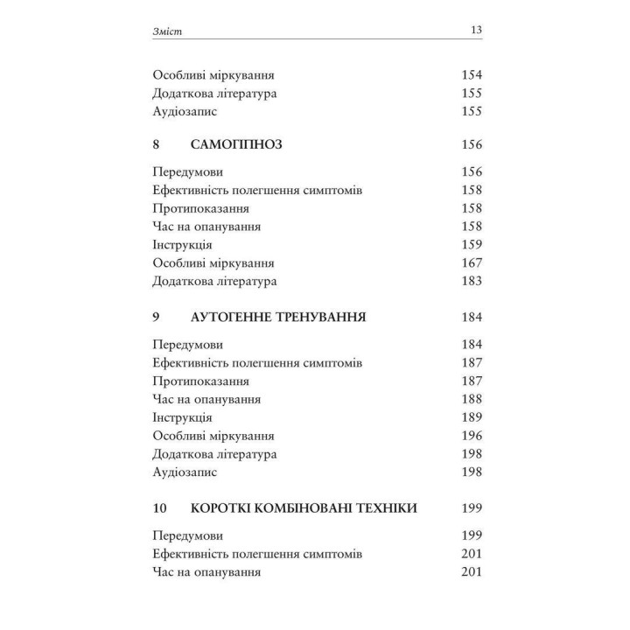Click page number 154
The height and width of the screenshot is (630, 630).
tap(472, 75)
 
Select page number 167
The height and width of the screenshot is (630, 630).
tap(472, 263)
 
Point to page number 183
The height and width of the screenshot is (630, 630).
tap(472, 282)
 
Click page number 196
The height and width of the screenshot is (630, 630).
tap(472, 435)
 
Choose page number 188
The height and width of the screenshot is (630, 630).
tap(472, 399)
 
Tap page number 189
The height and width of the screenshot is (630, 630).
tap(472, 416)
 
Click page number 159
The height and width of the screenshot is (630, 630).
tap(472, 245)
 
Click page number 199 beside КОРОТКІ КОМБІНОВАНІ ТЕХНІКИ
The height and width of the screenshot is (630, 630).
tap(472, 507)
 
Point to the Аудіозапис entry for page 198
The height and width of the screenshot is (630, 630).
tap(184, 472)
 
